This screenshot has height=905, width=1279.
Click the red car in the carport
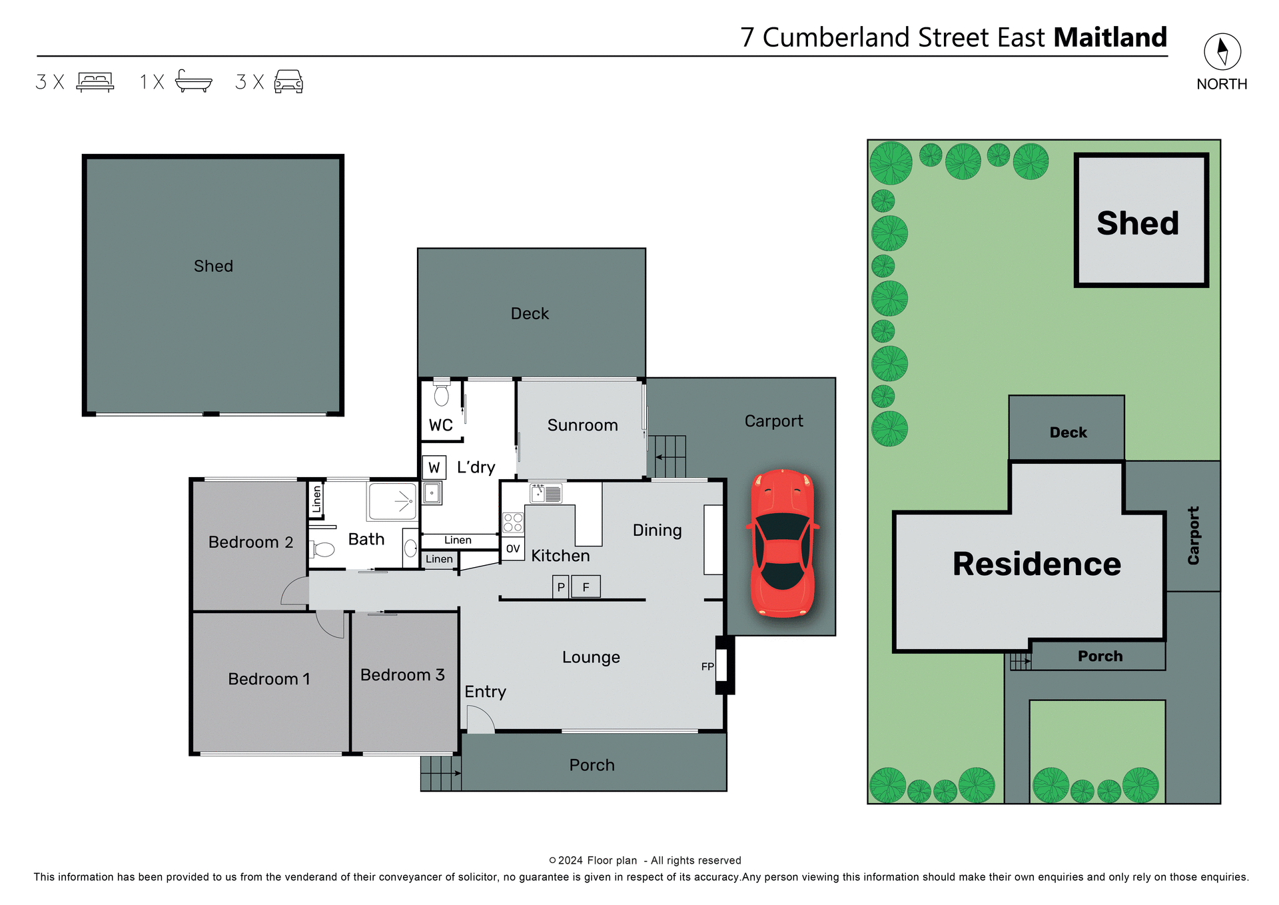click(783, 543)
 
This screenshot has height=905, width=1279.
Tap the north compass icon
click(1222, 51)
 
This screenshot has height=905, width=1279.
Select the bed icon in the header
click(95, 81)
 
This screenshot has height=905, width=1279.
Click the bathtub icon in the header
click(193, 81)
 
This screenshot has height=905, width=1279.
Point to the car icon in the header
click(288, 81)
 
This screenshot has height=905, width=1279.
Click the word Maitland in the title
click(1110, 37)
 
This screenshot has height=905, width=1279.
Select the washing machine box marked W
click(434, 467)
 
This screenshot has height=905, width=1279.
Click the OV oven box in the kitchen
click(512, 548)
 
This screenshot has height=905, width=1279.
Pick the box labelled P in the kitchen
click(561, 587)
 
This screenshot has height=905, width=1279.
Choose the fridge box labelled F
click(586, 587)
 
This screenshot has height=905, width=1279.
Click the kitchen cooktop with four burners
click(513, 522)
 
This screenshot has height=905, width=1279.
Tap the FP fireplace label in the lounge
click(707, 666)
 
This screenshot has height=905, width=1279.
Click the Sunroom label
click(582, 425)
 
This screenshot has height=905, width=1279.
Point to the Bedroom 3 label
click(402, 675)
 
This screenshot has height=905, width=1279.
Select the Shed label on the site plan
click(1137, 223)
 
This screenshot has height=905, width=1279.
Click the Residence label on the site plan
click(1037, 564)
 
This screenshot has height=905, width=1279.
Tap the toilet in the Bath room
click(322, 549)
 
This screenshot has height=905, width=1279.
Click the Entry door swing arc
click(480, 720)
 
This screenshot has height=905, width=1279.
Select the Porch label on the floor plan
click(592, 765)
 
